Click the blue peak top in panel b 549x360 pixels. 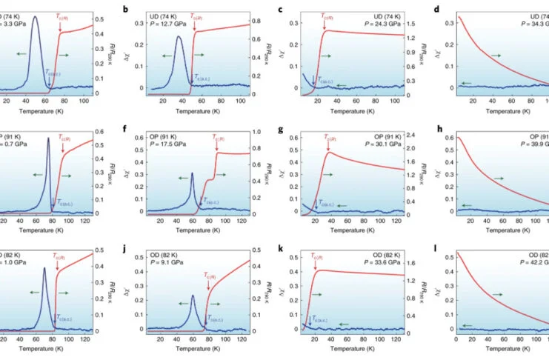tap(179, 37)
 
